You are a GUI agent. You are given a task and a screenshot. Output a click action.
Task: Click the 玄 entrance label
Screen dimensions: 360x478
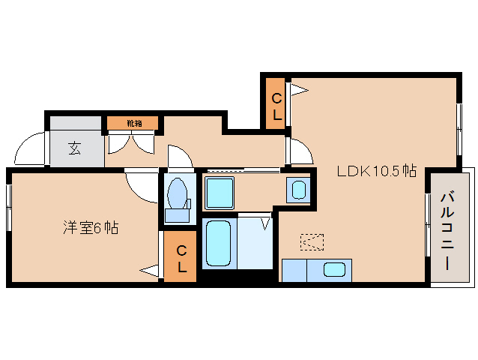click(75, 148)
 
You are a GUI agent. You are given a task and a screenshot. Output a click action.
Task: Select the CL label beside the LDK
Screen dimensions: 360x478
click(276, 106)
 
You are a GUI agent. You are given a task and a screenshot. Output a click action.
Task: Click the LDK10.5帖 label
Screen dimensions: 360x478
click(376, 171)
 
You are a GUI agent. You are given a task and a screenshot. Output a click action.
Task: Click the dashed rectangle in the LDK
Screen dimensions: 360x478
click(312, 241)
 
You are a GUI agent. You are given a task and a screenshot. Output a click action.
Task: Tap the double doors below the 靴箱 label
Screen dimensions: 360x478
click(132, 142)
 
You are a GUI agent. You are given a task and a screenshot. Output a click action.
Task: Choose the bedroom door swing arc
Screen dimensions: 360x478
click(142, 184)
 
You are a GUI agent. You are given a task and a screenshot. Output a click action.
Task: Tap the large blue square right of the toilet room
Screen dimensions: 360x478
click(220, 194)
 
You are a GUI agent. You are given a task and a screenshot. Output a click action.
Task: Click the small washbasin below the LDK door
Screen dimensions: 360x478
click(298, 189)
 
